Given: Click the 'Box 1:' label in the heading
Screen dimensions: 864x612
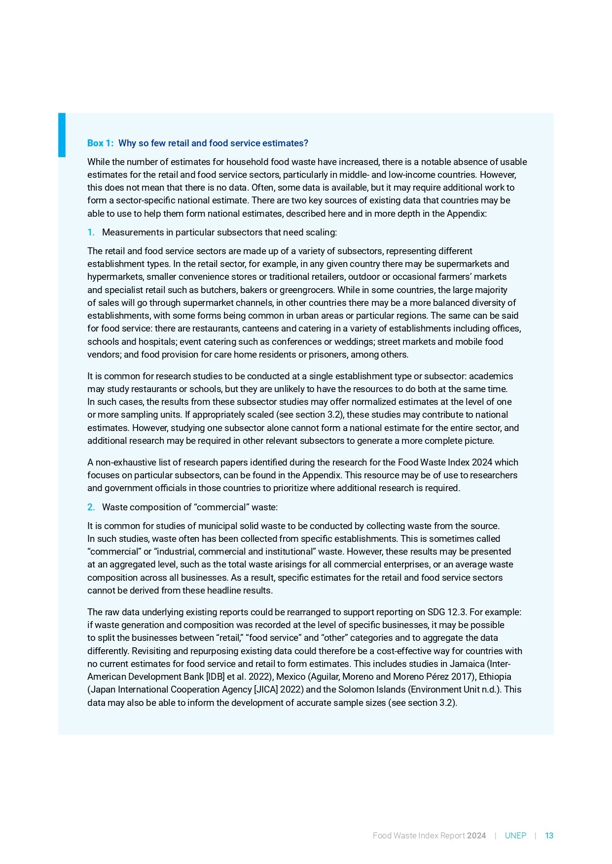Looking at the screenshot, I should (100, 143).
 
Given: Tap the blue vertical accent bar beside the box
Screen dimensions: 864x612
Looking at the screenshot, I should (62, 135).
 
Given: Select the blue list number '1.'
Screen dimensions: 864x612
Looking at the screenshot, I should (91, 233).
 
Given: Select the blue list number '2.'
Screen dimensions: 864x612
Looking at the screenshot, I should (91, 507).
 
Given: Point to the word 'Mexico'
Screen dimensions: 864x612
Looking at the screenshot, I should (290, 677).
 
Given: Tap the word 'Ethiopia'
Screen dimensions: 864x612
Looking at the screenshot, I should (495, 677).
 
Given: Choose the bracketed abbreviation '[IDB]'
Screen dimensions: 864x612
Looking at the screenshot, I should (215, 677).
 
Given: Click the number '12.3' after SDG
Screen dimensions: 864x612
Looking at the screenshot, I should (456, 612).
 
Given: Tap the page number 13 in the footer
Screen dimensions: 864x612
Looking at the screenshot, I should (549, 835).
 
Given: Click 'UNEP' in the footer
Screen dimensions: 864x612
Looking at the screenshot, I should (515, 835).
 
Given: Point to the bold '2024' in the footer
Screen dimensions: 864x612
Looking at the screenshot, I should (476, 835).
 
